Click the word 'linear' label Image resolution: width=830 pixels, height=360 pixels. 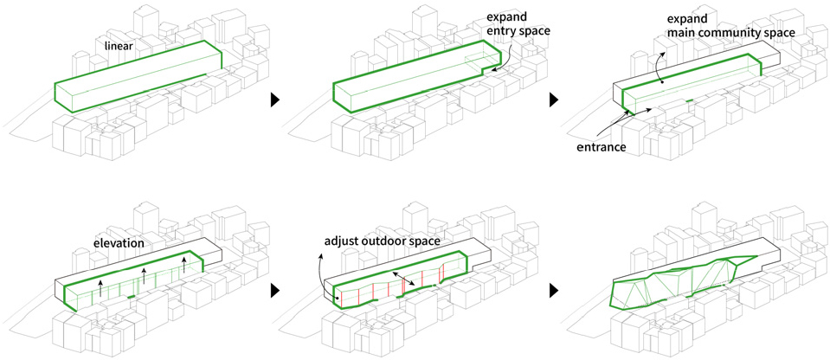point(119,47)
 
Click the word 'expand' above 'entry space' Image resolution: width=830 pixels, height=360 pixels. point(505,15)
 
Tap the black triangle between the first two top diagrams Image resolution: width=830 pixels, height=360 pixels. point(274,100)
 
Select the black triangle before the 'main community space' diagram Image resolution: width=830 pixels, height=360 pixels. point(554,100)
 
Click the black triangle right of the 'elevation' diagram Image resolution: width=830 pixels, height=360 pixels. point(274,290)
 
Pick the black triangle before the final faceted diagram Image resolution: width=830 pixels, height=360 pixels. point(554,290)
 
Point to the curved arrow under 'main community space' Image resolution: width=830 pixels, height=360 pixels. point(657,67)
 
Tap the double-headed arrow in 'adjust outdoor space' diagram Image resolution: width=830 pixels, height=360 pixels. point(403,279)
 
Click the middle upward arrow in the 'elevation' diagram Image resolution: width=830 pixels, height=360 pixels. point(144,276)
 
